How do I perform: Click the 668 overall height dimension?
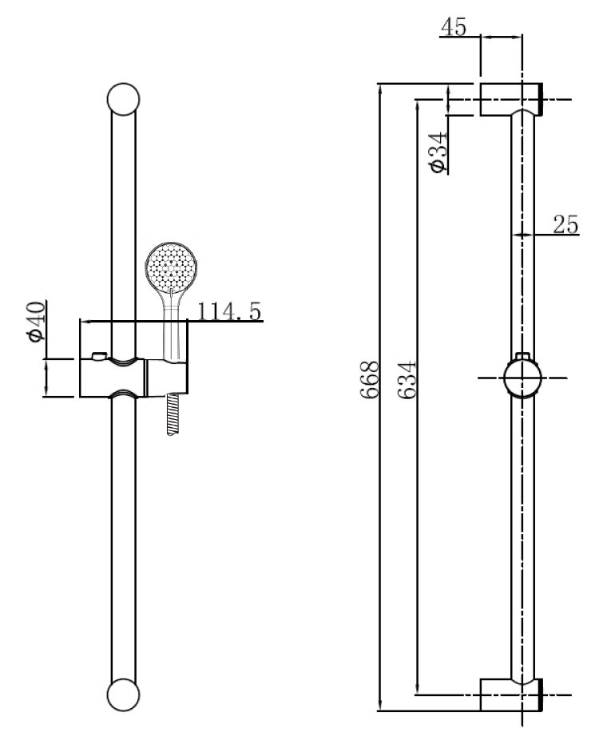[370, 379]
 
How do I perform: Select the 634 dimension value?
[407, 380]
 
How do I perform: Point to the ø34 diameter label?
[438, 152]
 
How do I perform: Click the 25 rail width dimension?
[565, 224]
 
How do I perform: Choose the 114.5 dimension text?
[229, 311]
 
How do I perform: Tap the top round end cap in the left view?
[123, 99]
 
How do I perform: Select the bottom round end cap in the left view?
[123, 695]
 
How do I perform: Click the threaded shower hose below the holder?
[173, 414]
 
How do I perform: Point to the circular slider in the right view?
[522, 378]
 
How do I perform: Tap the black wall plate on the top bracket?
[540, 99]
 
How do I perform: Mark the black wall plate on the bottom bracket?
[540, 695]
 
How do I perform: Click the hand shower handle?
[172, 324]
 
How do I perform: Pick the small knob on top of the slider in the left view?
[99, 356]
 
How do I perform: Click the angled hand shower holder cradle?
[167, 377]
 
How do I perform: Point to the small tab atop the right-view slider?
[522, 356]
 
